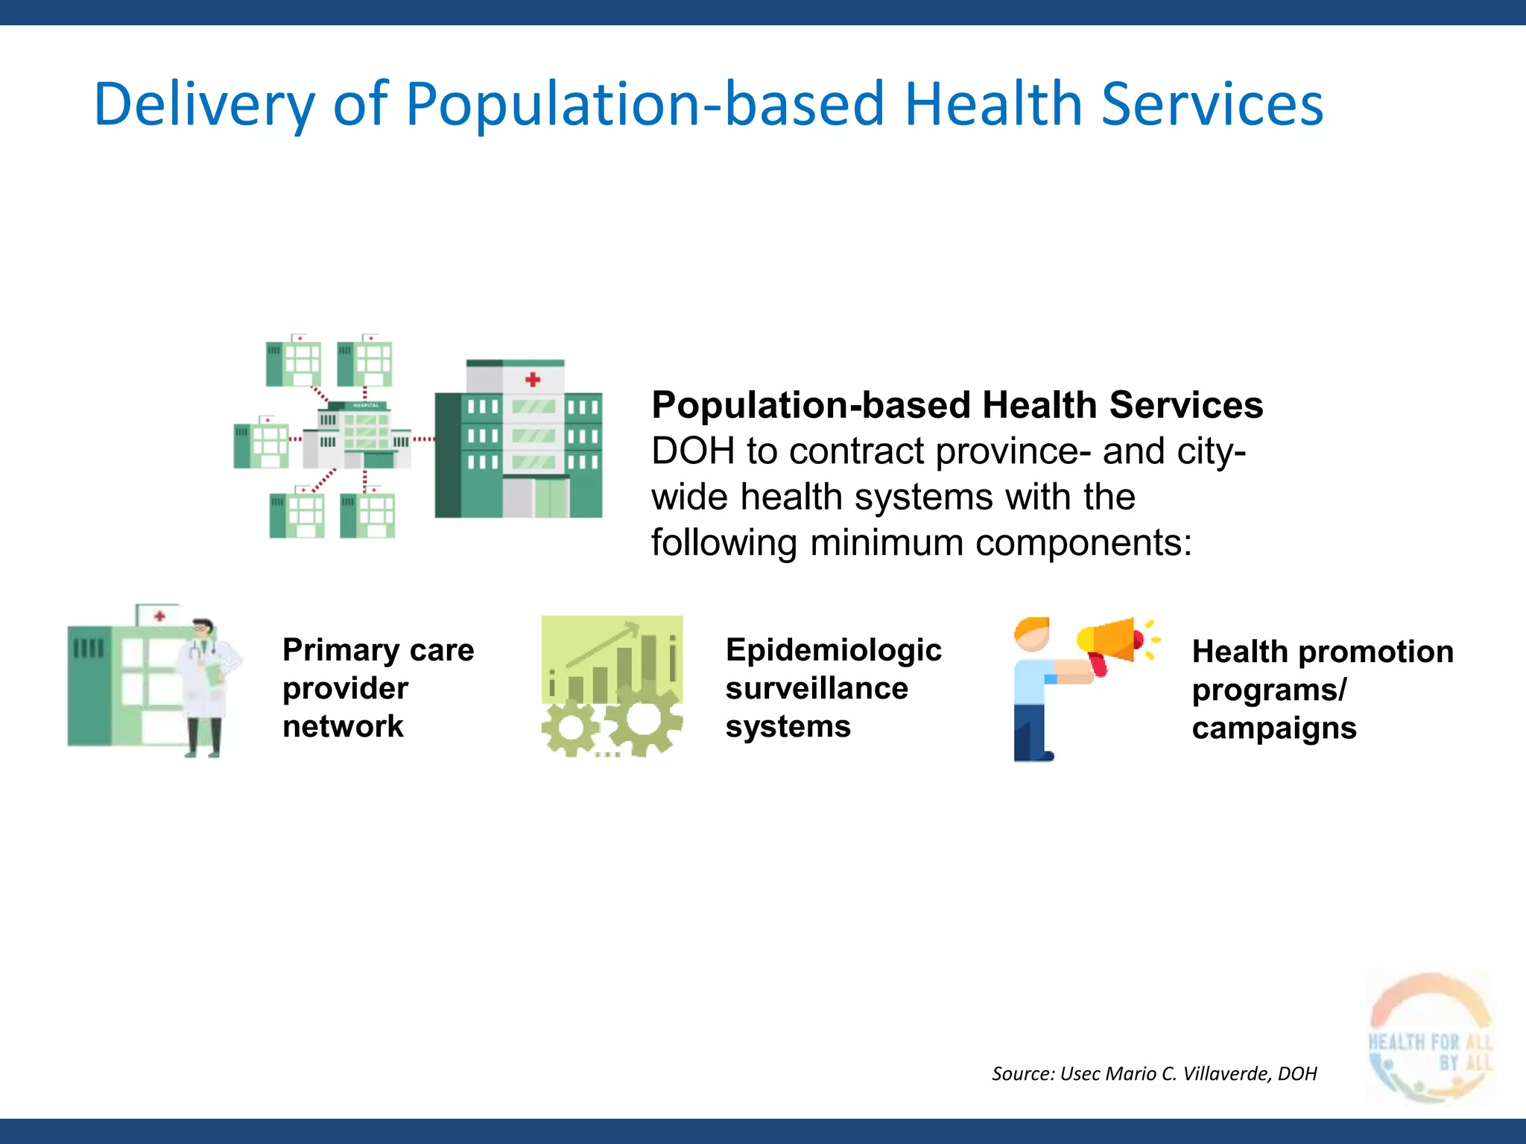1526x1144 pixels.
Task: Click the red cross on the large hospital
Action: [533, 380]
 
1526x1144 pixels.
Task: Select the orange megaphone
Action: [1110, 641]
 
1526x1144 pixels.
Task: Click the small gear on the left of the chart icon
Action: [571, 728]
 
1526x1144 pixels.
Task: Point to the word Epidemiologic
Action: [833, 650]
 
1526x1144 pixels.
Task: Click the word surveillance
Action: [817, 688]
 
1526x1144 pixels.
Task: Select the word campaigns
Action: [1274, 728]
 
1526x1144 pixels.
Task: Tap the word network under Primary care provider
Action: [343, 726]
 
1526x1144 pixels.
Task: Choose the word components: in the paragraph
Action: [1083, 542]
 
